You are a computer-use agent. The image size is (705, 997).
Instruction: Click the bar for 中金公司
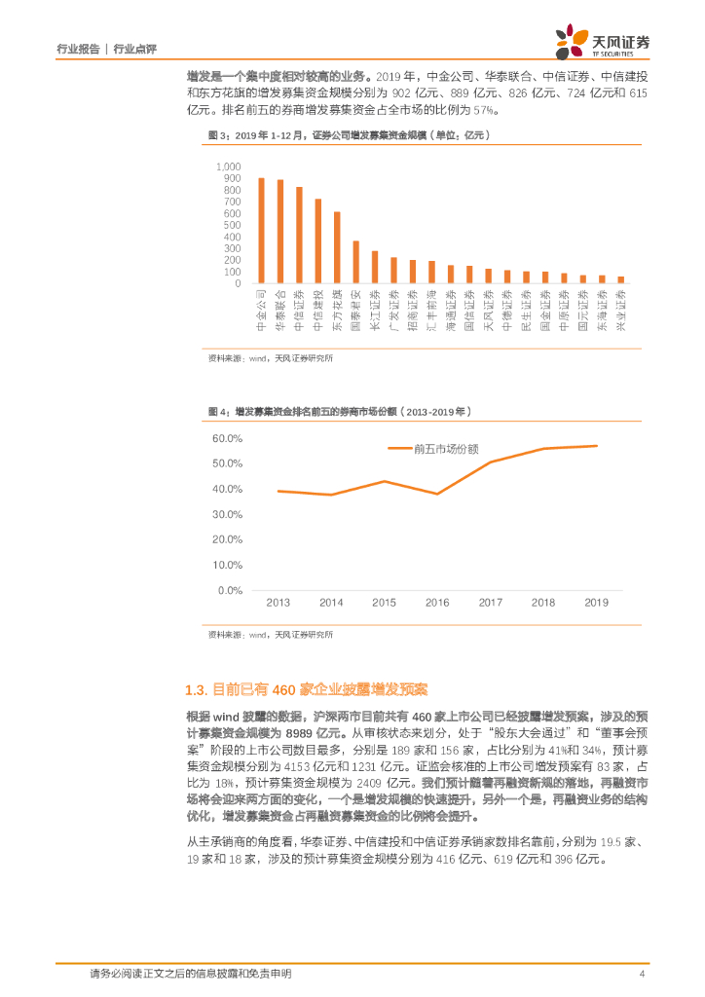pos(261,231)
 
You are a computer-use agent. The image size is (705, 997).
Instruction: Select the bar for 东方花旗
pos(337,247)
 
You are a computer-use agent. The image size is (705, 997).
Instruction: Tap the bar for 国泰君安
pos(356,262)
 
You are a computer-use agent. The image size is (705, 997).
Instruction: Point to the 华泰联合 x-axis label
pos(280,311)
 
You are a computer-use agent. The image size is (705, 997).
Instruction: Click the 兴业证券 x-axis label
pos(621,311)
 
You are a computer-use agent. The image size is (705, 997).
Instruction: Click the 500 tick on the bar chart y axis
pos(232,225)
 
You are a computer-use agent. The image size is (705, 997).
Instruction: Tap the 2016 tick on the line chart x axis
pos(437,603)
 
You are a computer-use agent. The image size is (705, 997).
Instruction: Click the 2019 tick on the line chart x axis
pos(596,603)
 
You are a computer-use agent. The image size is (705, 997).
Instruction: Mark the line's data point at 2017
pos(490,462)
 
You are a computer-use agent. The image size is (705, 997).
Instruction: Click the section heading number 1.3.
pos(196,690)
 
